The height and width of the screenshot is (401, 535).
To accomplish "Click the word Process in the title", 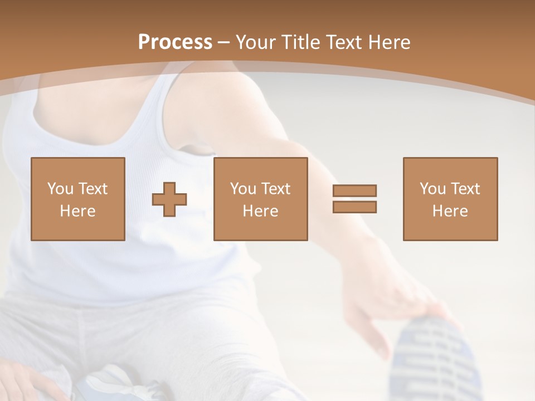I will click(175, 42).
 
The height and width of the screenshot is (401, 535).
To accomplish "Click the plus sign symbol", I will click(169, 199).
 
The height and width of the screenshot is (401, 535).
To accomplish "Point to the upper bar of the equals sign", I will click(354, 191).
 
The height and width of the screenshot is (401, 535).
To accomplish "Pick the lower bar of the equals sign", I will click(354, 207).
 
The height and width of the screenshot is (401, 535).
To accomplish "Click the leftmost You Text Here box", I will click(78, 199).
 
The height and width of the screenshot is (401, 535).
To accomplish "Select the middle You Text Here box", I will click(261, 199).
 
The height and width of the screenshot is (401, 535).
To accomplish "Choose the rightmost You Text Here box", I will click(450, 199).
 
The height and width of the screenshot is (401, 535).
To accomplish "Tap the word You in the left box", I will click(60, 189).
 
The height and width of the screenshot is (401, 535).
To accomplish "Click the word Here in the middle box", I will click(261, 211).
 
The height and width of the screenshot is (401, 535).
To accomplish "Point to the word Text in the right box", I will click(465, 189).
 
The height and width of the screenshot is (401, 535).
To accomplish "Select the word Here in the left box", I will click(78, 211).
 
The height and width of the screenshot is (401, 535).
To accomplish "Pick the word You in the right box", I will click(432, 189).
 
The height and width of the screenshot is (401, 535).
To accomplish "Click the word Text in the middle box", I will click(275, 189).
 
